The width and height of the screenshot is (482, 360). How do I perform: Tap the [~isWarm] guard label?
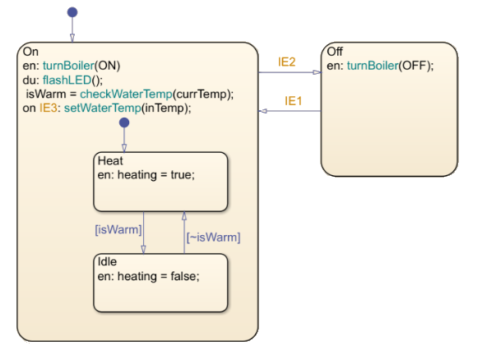(213, 237)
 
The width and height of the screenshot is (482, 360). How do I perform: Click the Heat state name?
(110, 160)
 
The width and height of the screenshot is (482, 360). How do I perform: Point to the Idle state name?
(108, 261)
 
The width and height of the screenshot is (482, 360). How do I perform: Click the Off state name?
(335, 52)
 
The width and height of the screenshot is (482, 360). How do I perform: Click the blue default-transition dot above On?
(72, 12)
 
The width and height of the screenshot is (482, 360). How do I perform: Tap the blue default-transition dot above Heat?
(124, 122)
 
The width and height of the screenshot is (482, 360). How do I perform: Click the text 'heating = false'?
(156, 275)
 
